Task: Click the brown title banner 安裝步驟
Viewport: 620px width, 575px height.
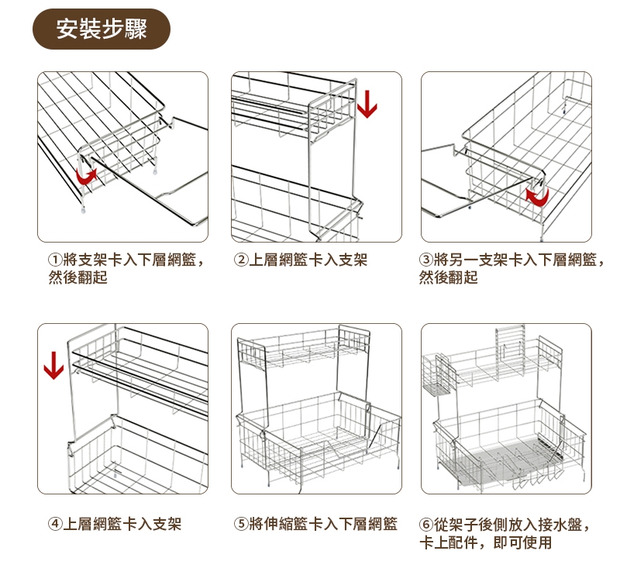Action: click(x=101, y=29)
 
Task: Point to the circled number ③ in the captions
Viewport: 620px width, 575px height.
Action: click(x=426, y=260)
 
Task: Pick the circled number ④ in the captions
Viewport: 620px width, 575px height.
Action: click(x=55, y=524)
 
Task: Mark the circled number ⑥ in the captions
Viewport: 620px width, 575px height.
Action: click(x=426, y=524)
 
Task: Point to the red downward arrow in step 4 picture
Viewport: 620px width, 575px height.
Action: click(x=53, y=365)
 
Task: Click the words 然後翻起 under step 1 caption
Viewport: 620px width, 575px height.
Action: click(x=77, y=277)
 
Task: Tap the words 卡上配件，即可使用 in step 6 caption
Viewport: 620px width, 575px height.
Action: click(x=485, y=542)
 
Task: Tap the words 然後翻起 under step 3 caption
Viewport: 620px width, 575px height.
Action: click(x=449, y=277)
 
